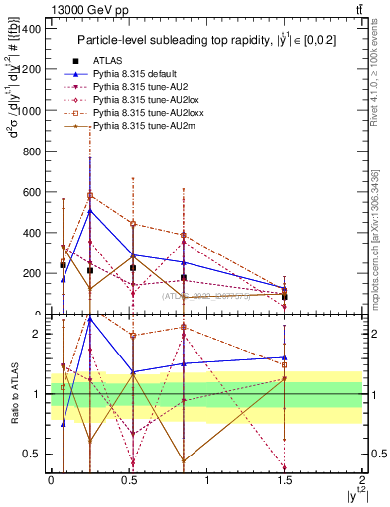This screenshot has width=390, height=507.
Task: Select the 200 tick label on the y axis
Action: pyautogui.click(x=32, y=272)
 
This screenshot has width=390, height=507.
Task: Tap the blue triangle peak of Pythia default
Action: pyautogui.click(x=89, y=210)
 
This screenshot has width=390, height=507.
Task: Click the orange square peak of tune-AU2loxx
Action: pyautogui.click(x=89, y=195)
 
